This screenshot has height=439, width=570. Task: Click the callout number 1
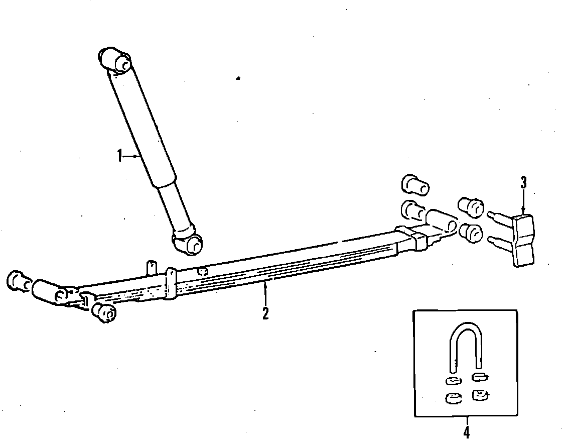point(119,156)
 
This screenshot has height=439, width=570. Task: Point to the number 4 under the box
point(466,430)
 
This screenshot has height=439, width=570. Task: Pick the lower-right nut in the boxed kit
point(480,395)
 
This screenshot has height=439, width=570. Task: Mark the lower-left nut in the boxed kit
point(453,398)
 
